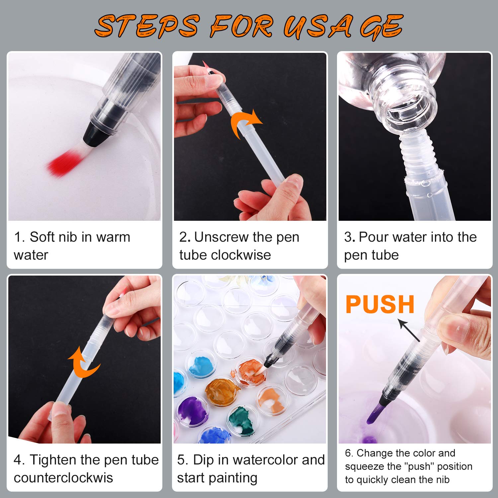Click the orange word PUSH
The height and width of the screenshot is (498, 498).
380,304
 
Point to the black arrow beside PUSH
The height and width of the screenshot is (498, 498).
408,330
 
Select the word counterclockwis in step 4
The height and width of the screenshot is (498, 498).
63,478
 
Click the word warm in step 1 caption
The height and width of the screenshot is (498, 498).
113,237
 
